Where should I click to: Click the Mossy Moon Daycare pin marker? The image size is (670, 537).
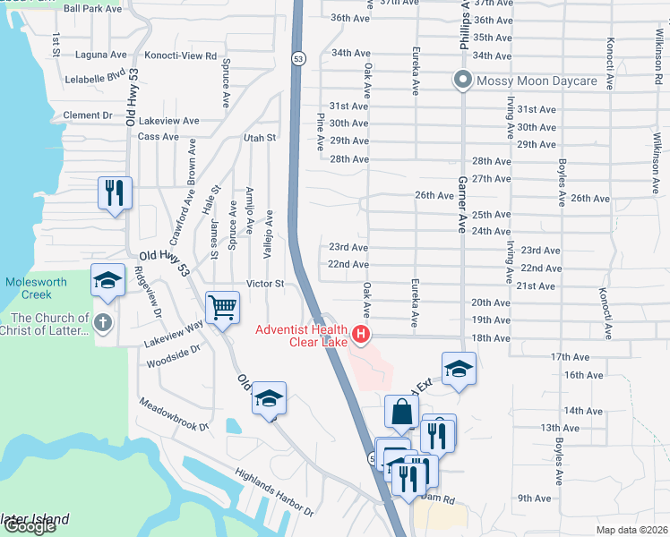tap(463, 81)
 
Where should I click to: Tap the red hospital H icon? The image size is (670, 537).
tap(361, 336)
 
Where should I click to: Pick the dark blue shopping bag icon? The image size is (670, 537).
tap(401, 412)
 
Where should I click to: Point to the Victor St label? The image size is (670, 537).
tap(266, 284)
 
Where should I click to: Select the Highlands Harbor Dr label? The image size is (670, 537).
tap(274, 493)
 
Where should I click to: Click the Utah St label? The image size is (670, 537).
tap(260, 138)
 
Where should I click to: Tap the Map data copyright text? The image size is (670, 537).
tap(631, 530)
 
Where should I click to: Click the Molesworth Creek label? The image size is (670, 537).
tap(36, 287)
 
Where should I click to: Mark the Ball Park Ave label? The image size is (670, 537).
tap(92, 8)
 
